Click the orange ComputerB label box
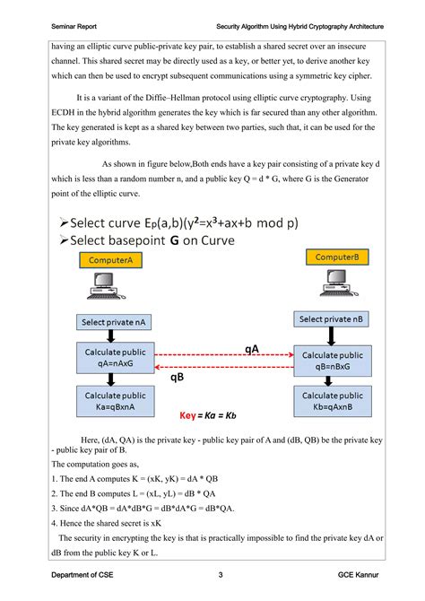[336, 257]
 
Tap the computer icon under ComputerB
[334, 287]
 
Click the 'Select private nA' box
[108, 322]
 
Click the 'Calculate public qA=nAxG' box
[108, 358]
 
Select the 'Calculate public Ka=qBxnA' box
[108, 401]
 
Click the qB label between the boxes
[178, 378]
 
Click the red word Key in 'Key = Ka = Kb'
[187, 415]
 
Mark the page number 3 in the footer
[221, 574]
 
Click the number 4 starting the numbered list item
[55, 521]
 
